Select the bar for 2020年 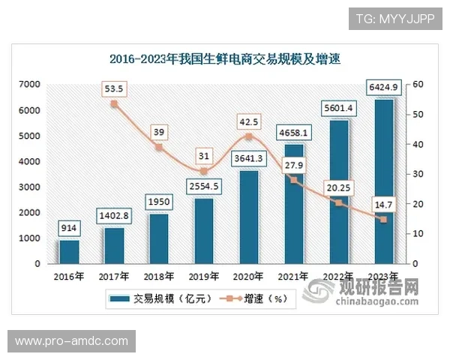(249, 217)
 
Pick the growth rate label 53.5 (114, 88)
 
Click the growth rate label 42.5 (249, 120)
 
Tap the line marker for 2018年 (159, 147)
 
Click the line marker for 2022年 (338, 203)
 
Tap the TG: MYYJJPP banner (394, 17)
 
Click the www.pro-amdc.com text (71, 341)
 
